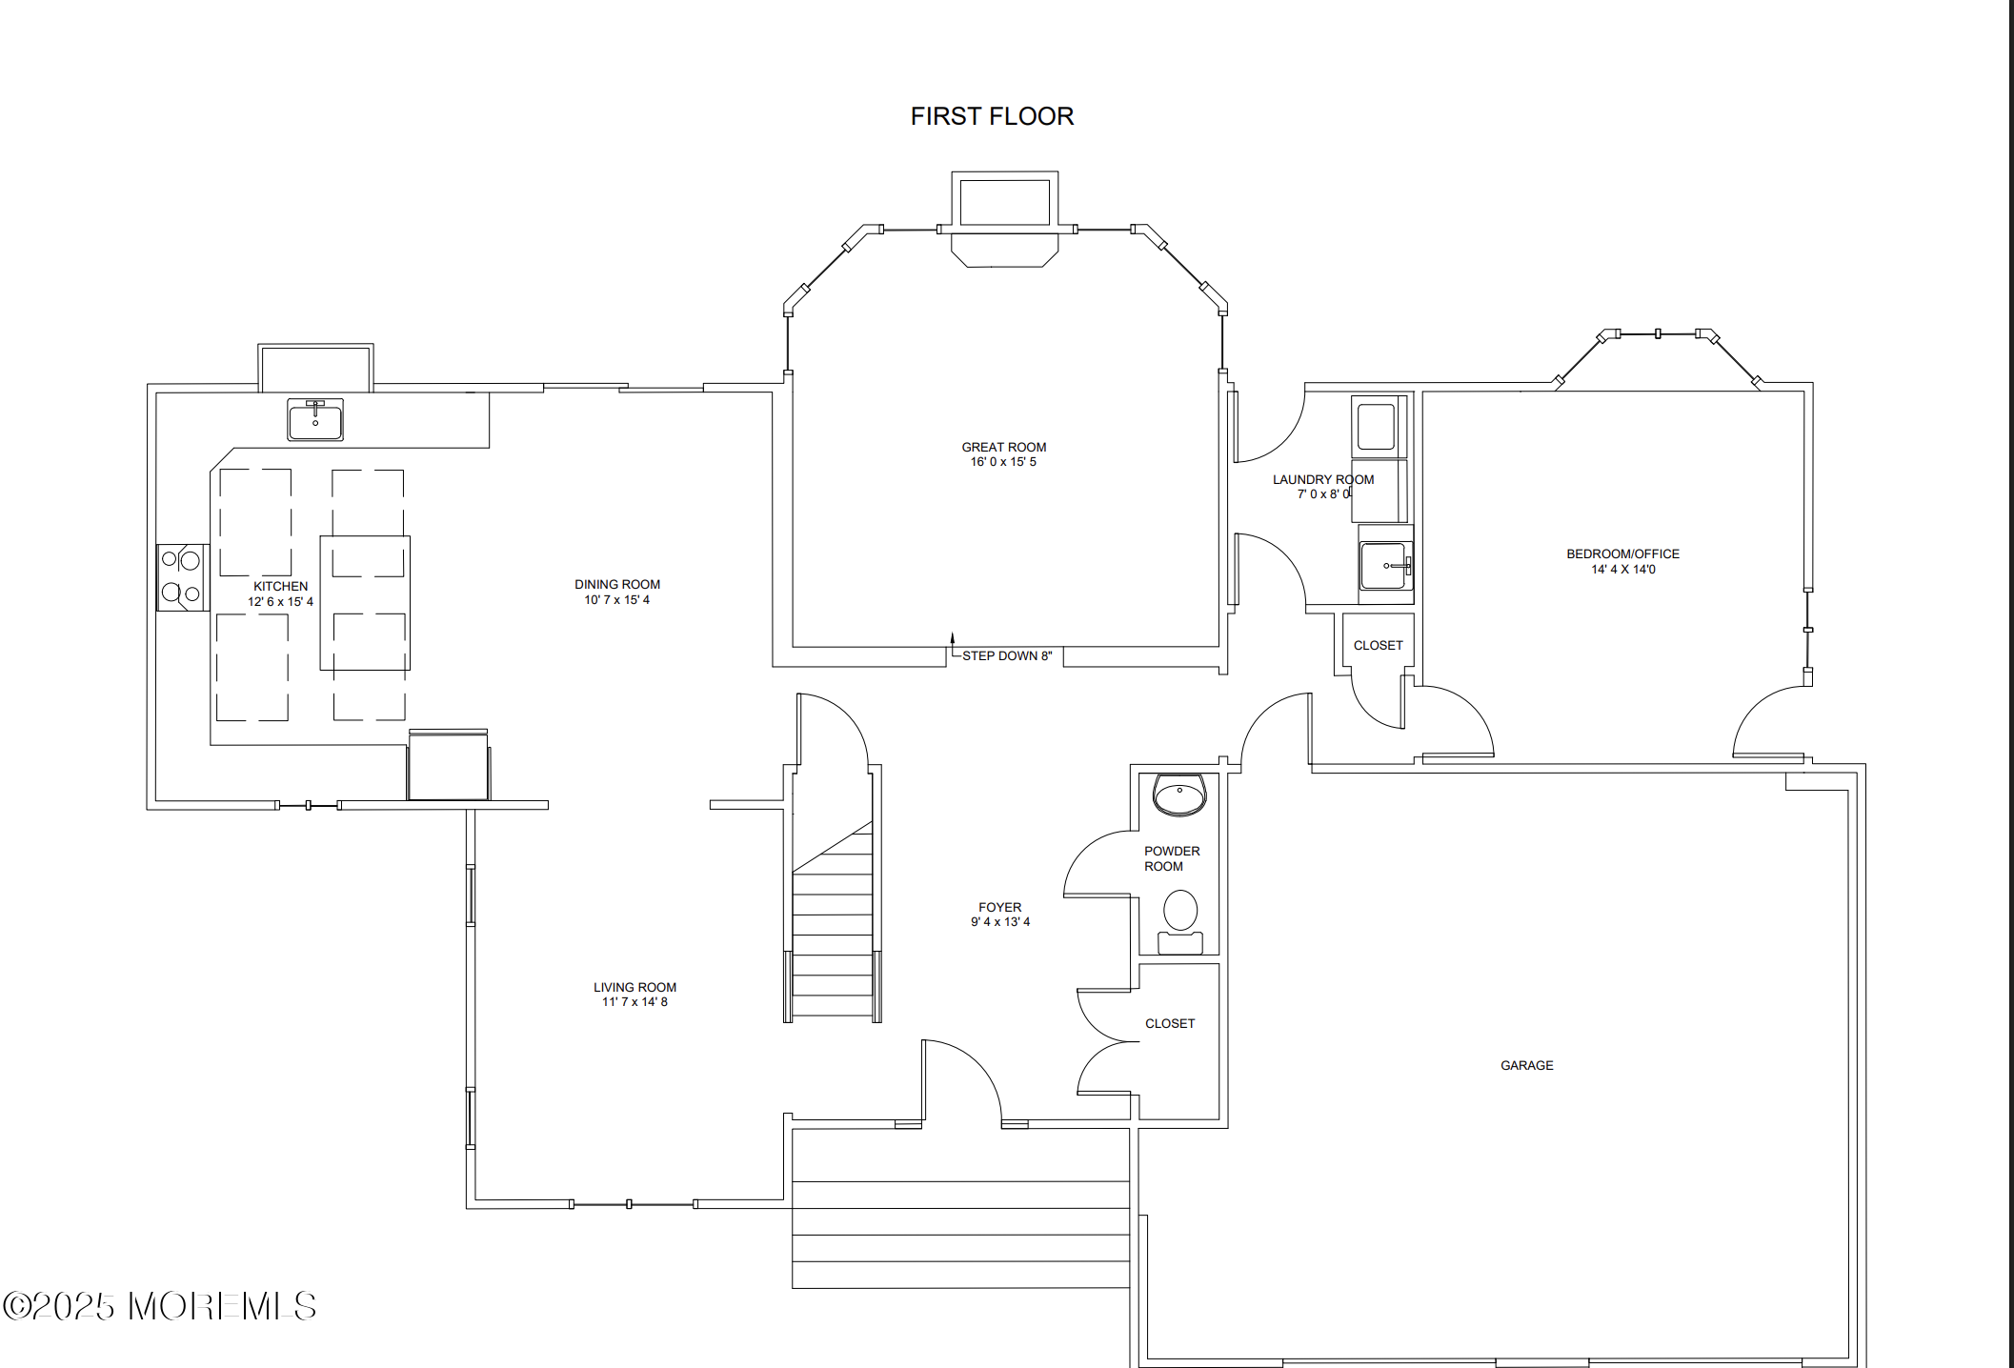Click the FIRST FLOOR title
pyautogui.click(x=992, y=116)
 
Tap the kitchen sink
pyautogui.click(x=315, y=420)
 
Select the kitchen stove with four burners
pyautogui.click(x=182, y=577)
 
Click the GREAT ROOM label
pyautogui.click(x=1003, y=447)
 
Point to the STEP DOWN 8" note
pyautogui.click(x=1007, y=655)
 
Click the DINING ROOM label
pyautogui.click(x=617, y=584)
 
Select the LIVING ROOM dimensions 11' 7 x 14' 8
pyautogui.click(x=634, y=1002)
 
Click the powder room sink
pyautogui.click(x=1179, y=795)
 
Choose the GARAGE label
pyautogui.click(x=1526, y=1065)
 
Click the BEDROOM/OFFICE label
pyautogui.click(x=1622, y=553)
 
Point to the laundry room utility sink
pyautogui.click(x=1384, y=566)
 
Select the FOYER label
pyautogui.click(x=999, y=907)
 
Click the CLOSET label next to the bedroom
pyautogui.click(x=1378, y=645)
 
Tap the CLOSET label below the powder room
pyautogui.click(x=1169, y=1023)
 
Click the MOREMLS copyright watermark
pyautogui.click(x=159, y=1306)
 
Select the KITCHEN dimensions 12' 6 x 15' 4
pyautogui.click(x=280, y=602)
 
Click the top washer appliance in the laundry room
pyautogui.click(x=1377, y=426)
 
